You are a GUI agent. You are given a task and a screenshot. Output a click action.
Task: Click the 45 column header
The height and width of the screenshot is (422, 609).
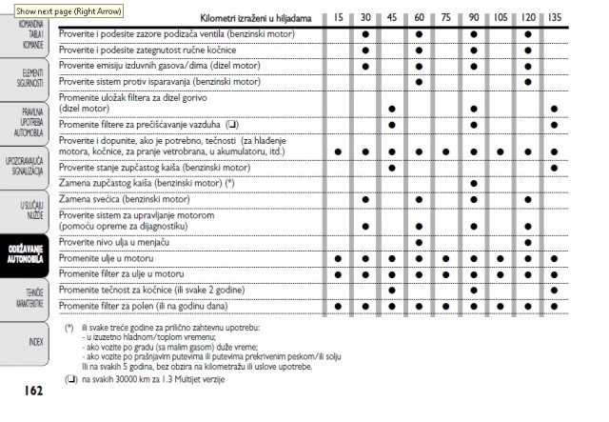click(392, 18)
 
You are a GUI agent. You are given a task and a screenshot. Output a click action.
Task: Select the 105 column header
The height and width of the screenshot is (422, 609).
click(501, 18)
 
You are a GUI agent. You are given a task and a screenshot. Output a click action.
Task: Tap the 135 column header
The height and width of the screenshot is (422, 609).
click(555, 18)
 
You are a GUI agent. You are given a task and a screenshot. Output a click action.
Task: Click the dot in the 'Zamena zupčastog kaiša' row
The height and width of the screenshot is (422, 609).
click(474, 182)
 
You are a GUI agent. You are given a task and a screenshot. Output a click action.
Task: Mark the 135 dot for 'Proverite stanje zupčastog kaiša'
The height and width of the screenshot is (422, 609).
click(555, 168)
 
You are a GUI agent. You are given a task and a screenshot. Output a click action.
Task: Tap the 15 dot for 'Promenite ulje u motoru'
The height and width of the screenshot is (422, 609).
click(338, 258)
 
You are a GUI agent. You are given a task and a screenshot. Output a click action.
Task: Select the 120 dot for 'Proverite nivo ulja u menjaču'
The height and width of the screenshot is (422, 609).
click(528, 243)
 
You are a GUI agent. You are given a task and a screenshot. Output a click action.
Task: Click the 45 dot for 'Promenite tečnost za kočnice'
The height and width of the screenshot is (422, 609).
click(392, 290)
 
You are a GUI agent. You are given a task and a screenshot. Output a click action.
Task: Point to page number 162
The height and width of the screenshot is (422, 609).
click(34, 389)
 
